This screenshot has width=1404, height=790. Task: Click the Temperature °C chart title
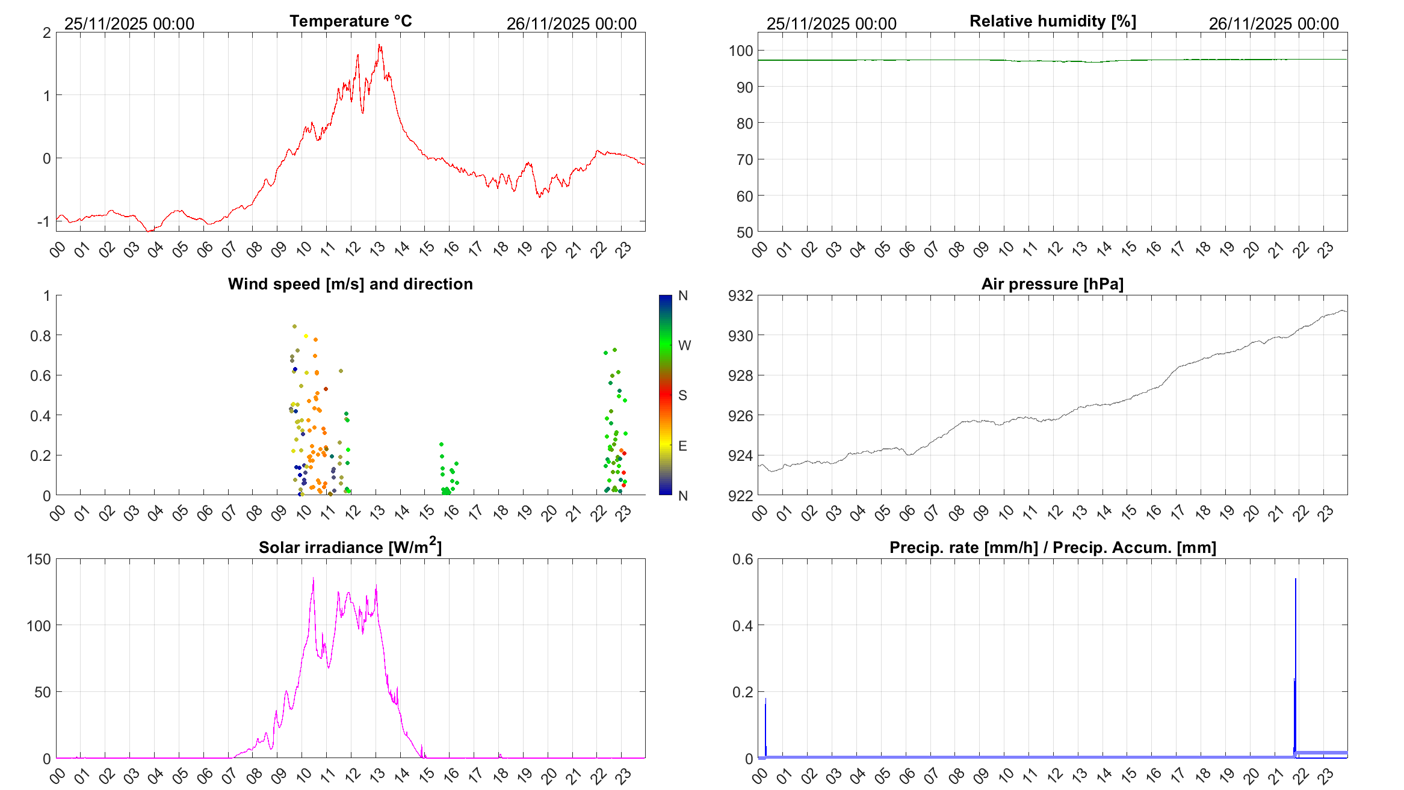pos(350,21)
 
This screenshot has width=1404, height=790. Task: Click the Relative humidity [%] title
pos(1053,21)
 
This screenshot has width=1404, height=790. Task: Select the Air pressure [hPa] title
pos(1052,284)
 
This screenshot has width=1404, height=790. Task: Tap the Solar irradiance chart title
pos(350,547)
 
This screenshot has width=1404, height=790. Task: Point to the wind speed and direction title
pos(350,284)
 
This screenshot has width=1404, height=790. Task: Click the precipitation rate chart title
pos(1053,548)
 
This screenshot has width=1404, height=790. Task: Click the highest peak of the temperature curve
pos(379,45)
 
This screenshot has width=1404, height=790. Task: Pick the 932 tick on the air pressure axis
pos(740,295)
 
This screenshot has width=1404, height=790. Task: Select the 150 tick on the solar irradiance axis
pos(39,559)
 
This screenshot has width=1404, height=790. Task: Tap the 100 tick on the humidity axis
pos(741,51)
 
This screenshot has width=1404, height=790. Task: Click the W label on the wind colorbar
pos(684,345)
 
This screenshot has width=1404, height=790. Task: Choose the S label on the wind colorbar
pos(682,395)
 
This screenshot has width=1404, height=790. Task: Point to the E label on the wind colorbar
pos(682,446)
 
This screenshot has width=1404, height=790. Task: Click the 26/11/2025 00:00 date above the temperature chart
pos(571,23)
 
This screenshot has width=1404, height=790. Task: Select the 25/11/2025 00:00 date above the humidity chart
pos(831,23)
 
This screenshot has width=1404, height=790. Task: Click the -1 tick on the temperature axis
pos(43,221)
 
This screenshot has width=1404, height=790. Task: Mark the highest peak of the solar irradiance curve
pos(313,579)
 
